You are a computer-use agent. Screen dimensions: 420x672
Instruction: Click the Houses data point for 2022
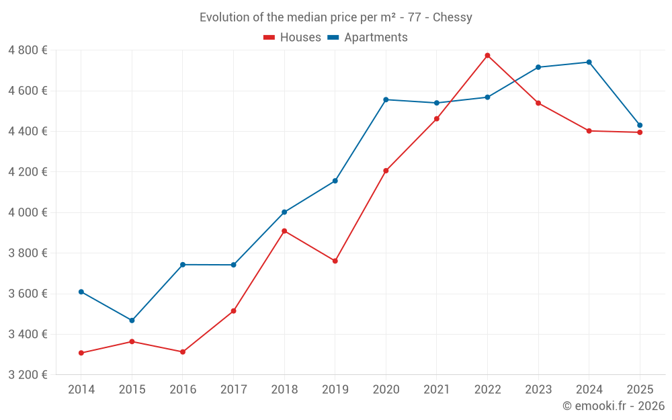click(487, 55)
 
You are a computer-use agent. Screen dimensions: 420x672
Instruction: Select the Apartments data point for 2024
click(589, 62)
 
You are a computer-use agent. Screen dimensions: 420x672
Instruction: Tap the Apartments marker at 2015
click(132, 321)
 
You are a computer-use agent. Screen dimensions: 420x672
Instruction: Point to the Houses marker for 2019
click(335, 261)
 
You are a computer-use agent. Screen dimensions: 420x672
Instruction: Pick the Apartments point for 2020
click(386, 99)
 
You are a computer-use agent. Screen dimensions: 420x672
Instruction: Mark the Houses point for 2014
click(81, 353)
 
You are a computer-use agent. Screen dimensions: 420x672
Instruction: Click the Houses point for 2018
click(284, 231)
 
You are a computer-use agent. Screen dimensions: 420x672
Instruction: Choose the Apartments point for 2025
click(640, 125)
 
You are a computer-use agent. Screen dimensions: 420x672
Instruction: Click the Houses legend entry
click(292, 38)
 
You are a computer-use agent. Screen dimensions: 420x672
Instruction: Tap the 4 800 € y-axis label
click(28, 50)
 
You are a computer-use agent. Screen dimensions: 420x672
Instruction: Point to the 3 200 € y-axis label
click(28, 375)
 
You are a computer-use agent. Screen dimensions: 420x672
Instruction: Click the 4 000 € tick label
click(28, 212)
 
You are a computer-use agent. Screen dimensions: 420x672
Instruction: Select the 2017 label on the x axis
click(233, 390)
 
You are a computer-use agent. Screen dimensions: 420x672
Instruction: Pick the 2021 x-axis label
click(436, 390)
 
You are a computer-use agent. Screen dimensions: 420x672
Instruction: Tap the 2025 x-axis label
click(640, 390)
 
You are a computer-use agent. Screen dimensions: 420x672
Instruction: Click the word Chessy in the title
click(452, 17)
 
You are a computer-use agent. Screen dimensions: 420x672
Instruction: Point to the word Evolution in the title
click(224, 17)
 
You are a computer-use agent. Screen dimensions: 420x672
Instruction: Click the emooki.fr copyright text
click(613, 406)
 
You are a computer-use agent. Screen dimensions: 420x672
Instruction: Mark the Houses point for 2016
click(182, 352)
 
